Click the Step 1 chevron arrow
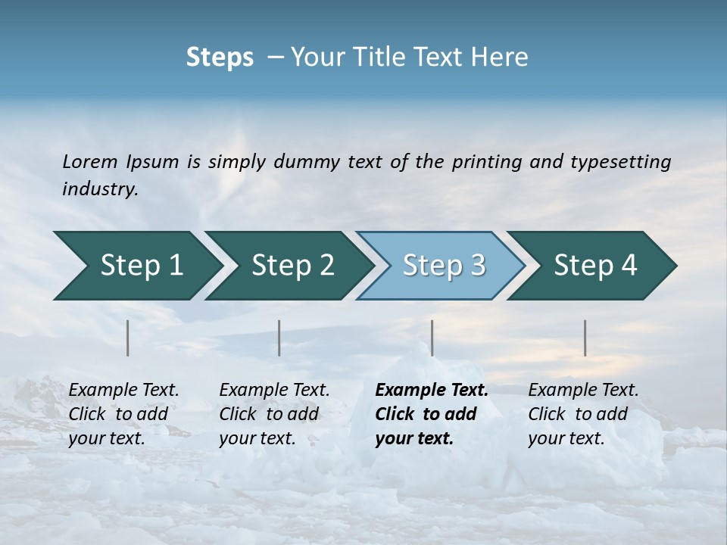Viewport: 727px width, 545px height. pos(140,266)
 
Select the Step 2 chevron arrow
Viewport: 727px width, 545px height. pos(292,266)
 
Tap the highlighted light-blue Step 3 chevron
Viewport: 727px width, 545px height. pos(443,266)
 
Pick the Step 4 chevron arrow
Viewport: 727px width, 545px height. pos(594,266)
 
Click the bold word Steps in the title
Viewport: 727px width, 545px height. pos(220,58)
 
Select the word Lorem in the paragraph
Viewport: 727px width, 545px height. pos(90,161)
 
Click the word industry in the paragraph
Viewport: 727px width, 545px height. pos(99,188)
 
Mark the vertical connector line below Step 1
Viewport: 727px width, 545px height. pos(128,338)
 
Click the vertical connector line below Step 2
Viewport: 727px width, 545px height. pos(279,338)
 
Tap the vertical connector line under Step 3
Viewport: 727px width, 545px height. pos(432,338)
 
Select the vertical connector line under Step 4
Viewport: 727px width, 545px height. pos(585,338)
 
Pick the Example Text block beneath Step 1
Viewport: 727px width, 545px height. pos(123,414)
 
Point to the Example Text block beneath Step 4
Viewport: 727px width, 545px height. pos(583,414)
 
